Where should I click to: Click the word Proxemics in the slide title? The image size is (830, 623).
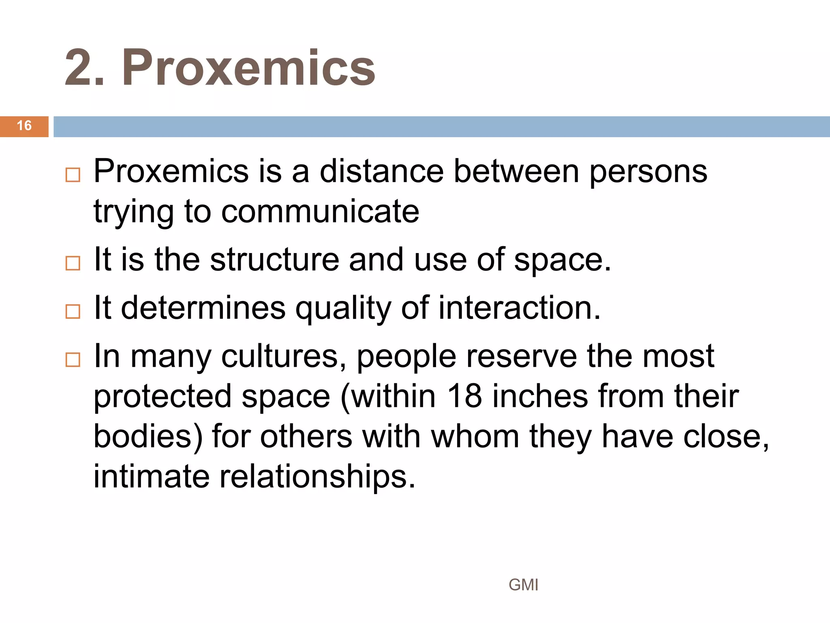(248, 68)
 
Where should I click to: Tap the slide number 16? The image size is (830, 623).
(24, 126)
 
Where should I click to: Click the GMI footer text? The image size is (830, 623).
(523, 585)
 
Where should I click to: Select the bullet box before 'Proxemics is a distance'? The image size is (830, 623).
(73, 175)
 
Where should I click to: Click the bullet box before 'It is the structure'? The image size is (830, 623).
(73, 263)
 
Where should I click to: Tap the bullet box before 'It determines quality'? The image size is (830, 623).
(73, 311)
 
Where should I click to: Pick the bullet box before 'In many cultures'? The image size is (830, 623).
(73, 359)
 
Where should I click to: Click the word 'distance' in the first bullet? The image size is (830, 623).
(381, 171)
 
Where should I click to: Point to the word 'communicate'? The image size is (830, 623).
(320, 211)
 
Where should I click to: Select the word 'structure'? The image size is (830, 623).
(274, 260)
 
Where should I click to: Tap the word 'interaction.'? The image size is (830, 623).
(519, 308)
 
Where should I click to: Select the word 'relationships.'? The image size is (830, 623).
(317, 477)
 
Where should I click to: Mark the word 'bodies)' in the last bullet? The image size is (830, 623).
(148, 437)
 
